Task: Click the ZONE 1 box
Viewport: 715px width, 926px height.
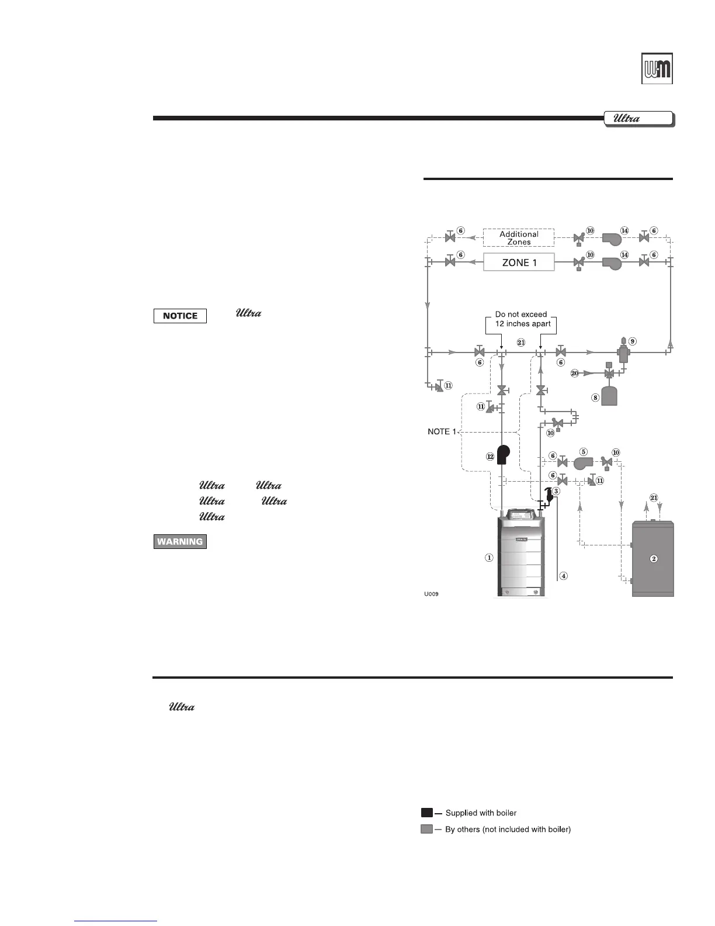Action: (x=519, y=262)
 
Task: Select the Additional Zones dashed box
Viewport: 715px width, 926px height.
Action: (x=519, y=237)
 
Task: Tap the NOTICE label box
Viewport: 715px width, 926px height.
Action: (x=180, y=316)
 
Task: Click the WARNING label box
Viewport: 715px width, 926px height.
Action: (x=180, y=541)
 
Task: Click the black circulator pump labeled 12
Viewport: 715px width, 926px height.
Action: (x=502, y=455)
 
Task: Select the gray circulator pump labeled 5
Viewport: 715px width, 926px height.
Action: (x=582, y=463)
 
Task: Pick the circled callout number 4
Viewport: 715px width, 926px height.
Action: (x=564, y=575)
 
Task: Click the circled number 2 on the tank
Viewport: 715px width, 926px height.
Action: (x=654, y=558)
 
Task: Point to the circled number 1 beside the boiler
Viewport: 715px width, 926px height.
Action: (x=489, y=558)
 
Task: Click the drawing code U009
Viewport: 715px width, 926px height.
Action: (x=432, y=594)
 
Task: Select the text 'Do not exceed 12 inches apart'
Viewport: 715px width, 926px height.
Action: (x=520, y=319)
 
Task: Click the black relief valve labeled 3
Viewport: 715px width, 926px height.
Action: (x=549, y=495)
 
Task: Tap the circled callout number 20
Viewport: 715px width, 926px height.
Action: (x=575, y=373)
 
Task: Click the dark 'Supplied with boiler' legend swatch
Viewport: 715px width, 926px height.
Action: (x=426, y=813)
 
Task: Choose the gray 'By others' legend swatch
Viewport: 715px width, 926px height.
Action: (x=426, y=829)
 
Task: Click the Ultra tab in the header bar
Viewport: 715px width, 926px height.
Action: (x=638, y=119)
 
